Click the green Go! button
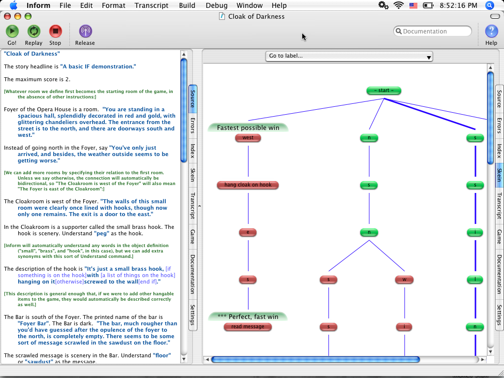(x=12, y=31)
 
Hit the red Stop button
(x=55, y=31)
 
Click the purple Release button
(x=85, y=31)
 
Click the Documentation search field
(x=432, y=31)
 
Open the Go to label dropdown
(x=349, y=56)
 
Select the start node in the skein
(x=384, y=91)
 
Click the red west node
(x=248, y=138)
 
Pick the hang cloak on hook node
(x=248, y=185)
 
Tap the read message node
(x=248, y=327)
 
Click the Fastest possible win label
(x=248, y=127)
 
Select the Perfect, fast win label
(x=248, y=316)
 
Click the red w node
(x=405, y=280)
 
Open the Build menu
(x=187, y=5)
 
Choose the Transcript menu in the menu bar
(x=152, y=5)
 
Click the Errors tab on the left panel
(x=192, y=126)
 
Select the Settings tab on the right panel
(x=499, y=315)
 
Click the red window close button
(x=7, y=16)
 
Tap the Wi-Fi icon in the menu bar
(x=399, y=5)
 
